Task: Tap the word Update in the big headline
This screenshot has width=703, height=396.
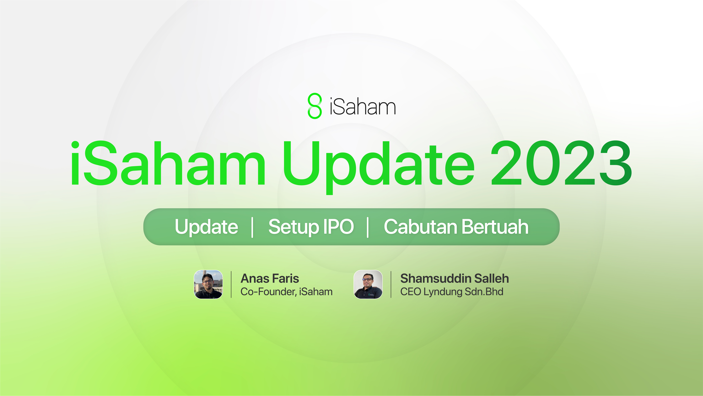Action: [378, 164]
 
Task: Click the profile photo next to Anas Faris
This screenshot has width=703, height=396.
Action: [208, 284]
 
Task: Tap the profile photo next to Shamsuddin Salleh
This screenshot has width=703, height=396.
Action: [368, 284]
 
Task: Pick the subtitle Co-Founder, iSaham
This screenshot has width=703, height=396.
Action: [286, 292]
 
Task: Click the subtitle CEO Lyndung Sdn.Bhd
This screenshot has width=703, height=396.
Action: [452, 292]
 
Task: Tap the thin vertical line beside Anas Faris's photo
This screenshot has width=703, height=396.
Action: [231, 284]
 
